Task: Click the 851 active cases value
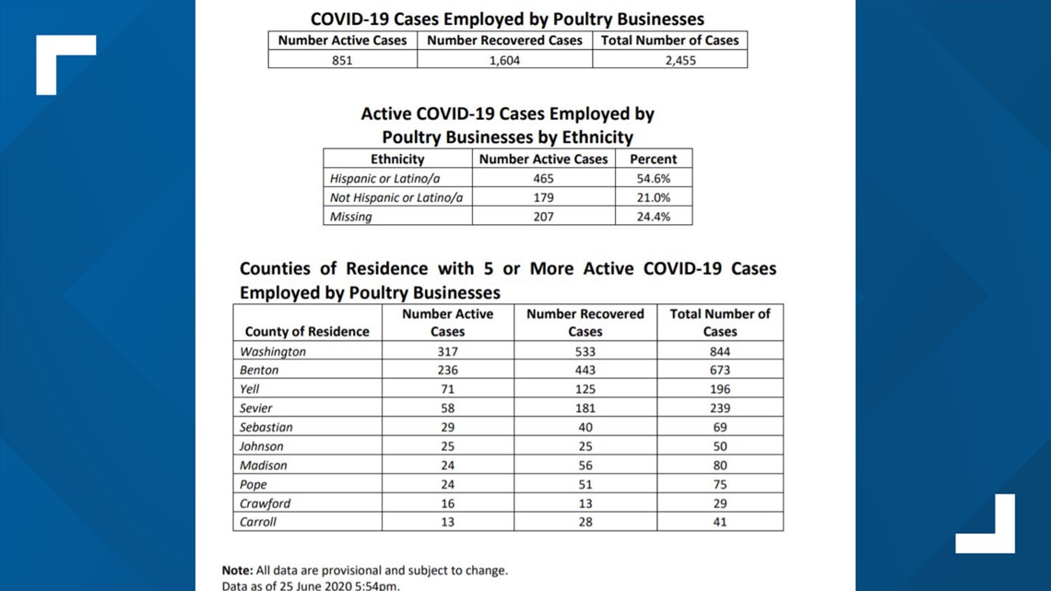click(342, 60)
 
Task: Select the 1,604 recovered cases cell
click(504, 60)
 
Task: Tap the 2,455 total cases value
click(680, 60)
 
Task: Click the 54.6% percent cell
click(654, 179)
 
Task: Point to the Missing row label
click(350, 217)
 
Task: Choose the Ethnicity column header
click(397, 160)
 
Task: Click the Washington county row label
click(273, 352)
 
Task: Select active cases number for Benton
click(448, 370)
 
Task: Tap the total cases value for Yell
click(720, 389)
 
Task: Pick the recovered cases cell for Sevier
click(585, 408)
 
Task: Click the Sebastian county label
click(266, 428)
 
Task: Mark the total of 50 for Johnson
click(720, 446)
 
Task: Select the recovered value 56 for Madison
click(585, 465)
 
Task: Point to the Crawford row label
click(266, 503)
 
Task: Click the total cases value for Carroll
click(720, 522)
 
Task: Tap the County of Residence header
click(307, 332)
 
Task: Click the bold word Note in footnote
click(237, 571)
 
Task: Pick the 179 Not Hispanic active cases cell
click(544, 197)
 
